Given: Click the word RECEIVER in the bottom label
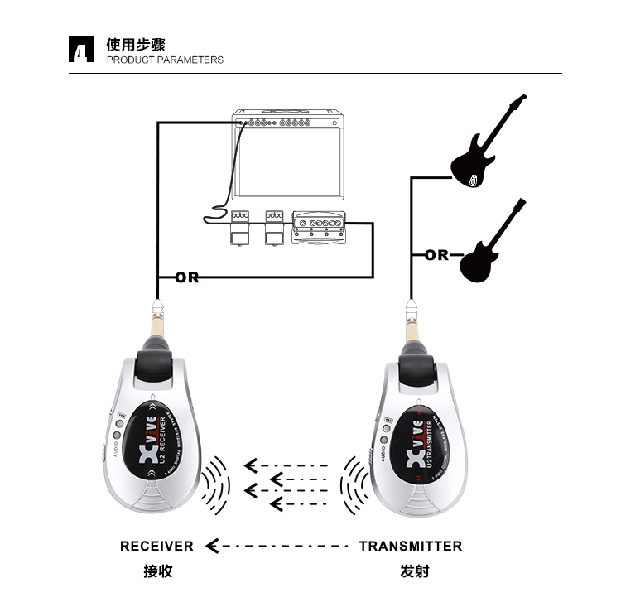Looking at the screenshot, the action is [156, 546].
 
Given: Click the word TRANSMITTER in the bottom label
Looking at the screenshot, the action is [411, 546].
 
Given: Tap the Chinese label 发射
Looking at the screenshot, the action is [414, 571].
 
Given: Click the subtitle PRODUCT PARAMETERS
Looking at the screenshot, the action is [165, 60].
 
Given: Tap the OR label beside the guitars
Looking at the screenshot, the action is [436, 255].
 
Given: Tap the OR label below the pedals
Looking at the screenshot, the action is [187, 277].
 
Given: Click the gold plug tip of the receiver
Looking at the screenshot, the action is [156, 318].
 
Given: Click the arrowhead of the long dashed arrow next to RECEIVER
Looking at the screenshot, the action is [212, 546].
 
